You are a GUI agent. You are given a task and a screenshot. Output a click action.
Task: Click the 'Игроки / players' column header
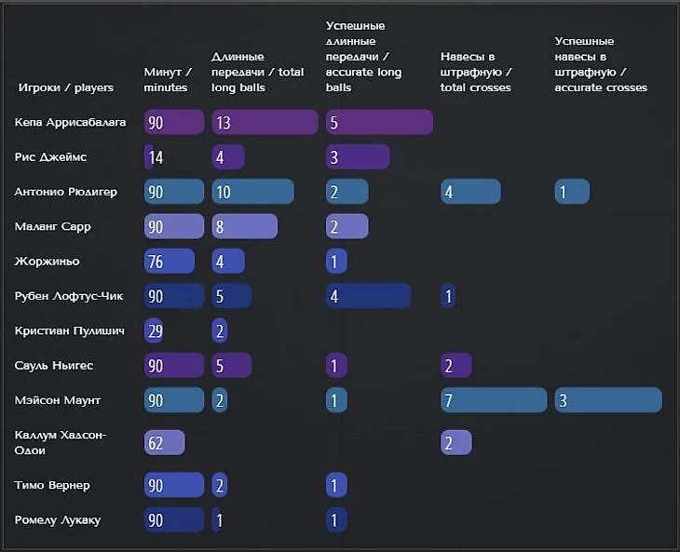65,88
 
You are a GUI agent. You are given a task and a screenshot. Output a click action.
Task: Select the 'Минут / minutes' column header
168,80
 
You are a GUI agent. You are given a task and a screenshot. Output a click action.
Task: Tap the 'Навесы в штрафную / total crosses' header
476,73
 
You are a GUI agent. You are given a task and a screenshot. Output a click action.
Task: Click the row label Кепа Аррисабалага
70,122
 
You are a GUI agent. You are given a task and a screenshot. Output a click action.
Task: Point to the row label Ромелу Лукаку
58,519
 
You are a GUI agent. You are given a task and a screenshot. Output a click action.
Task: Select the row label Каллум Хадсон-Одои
61,442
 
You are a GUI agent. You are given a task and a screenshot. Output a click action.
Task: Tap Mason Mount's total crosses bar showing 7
493,400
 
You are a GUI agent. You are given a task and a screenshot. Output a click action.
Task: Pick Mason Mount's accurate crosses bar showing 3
607,400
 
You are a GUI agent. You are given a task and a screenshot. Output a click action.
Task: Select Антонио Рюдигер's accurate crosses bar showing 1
571,192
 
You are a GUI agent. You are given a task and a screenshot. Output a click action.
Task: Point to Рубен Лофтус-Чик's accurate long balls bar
368,296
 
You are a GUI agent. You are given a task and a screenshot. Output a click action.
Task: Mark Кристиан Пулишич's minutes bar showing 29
154,330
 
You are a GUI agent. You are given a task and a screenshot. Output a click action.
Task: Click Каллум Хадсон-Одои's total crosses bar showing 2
456,443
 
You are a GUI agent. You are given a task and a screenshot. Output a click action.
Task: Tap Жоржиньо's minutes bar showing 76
169,261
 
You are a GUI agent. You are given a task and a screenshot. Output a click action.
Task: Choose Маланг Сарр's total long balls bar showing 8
244,226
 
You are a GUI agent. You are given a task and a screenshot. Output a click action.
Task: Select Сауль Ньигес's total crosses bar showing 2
456,366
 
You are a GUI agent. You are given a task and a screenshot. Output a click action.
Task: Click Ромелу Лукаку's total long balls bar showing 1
219,519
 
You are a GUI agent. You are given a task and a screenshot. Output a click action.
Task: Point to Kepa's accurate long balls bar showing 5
379,122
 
